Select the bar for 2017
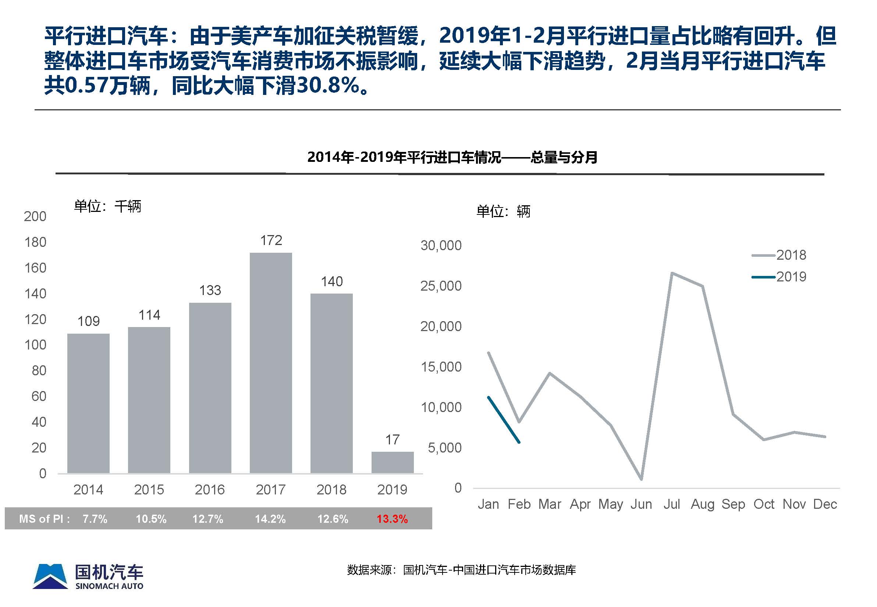click(x=271, y=363)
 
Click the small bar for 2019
click(x=392, y=462)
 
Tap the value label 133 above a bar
click(x=210, y=291)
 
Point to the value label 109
click(x=89, y=322)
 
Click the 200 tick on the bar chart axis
click(x=35, y=216)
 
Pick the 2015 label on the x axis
click(x=149, y=490)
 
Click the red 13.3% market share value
click(x=392, y=519)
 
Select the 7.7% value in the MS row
click(x=95, y=519)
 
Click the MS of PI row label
click(x=44, y=519)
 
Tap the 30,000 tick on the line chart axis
click(x=441, y=246)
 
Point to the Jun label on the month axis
click(x=641, y=504)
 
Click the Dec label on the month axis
click(x=825, y=504)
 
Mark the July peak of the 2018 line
click(x=672, y=273)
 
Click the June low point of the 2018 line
click(x=642, y=479)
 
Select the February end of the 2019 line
click(x=519, y=442)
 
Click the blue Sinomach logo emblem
click(x=50, y=576)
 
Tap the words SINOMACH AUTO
click(x=110, y=586)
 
